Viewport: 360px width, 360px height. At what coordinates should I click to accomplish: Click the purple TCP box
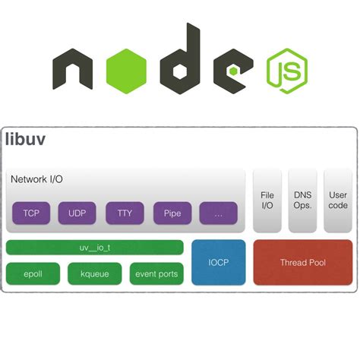click(31, 213)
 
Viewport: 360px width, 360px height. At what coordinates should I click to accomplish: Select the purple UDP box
click(77, 213)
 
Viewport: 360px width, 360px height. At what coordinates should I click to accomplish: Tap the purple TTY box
click(125, 213)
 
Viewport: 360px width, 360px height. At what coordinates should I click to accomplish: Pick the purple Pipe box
click(172, 213)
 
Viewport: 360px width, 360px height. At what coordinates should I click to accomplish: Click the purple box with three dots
click(219, 213)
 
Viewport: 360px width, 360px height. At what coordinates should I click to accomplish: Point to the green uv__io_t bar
click(94, 248)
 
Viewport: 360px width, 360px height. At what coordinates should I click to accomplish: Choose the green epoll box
click(33, 273)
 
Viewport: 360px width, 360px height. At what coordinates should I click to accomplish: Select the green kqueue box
click(94, 273)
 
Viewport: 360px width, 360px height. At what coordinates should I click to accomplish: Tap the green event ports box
click(156, 273)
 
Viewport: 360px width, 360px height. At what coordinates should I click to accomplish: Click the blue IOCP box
click(219, 262)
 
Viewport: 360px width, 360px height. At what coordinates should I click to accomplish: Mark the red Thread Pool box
click(302, 262)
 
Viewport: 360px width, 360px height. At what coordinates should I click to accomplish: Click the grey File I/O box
click(267, 201)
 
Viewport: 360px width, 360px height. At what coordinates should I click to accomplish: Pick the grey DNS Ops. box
click(303, 201)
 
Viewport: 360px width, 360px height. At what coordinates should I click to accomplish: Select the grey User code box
click(338, 201)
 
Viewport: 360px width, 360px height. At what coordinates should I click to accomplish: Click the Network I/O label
click(37, 179)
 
